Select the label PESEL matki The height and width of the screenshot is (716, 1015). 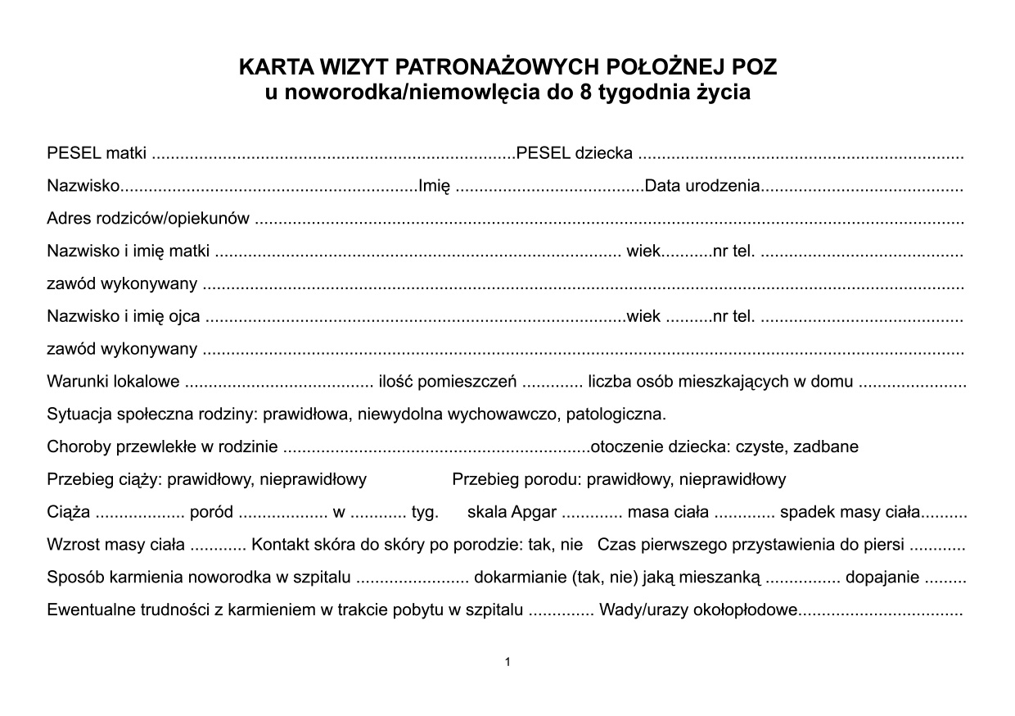[97, 153]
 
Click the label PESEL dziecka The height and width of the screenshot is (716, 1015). [575, 153]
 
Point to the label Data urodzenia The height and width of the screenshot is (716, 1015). [702, 186]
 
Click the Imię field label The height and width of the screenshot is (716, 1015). [434, 186]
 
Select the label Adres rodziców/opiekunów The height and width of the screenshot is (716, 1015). [148, 219]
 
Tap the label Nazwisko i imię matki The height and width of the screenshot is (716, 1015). [129, 252]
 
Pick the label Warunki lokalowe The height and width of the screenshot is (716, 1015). [113, 382]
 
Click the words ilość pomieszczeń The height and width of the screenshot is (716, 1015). [447, 382]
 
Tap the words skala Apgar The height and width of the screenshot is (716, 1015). [512, 513]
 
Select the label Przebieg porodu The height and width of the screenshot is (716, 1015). [516, 480]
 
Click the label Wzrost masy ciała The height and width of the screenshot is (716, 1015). [115, 545]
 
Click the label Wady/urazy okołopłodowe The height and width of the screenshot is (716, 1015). [698, 610]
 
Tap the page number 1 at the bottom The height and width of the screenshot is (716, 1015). [508, 662]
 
